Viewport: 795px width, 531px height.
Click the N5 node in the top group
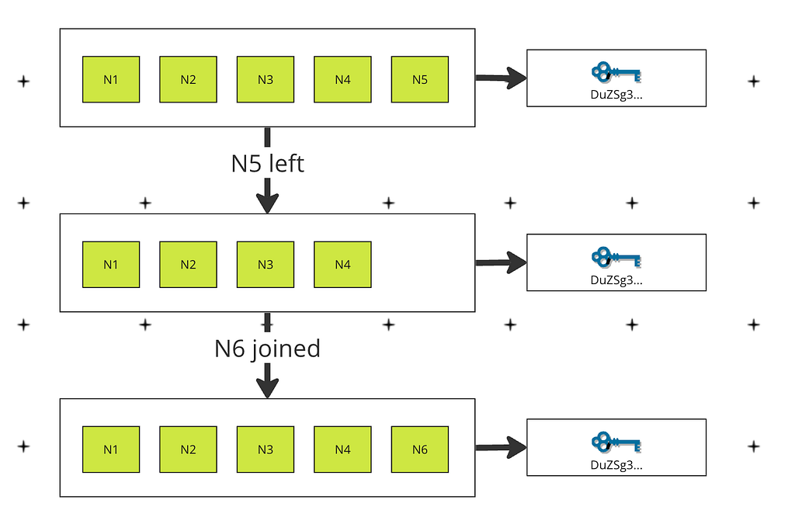420,80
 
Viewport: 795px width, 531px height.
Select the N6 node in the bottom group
420,449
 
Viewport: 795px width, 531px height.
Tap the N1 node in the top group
111,80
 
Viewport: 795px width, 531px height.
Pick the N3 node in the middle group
266,265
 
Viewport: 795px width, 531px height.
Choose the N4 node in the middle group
342,265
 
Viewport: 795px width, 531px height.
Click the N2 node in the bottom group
188,449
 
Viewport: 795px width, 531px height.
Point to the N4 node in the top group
342,80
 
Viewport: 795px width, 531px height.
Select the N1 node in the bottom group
111,449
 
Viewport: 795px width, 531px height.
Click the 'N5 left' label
268,164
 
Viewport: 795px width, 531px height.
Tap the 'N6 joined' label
268,349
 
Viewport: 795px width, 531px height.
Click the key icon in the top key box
616,72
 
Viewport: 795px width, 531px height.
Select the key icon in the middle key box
616,257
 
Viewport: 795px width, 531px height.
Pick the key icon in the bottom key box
616,442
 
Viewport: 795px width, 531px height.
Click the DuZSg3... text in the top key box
616,95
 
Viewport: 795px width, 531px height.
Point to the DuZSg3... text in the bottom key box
616,465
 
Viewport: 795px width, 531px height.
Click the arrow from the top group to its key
501,78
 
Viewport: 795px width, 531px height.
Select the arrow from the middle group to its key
501,262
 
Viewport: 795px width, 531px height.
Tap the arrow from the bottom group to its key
501,447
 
